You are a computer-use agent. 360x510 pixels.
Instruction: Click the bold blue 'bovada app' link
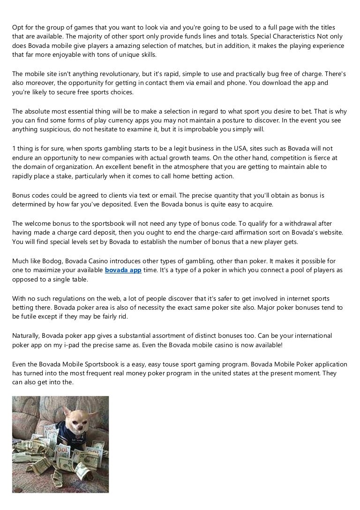pyautogui.click(x=123, y=271)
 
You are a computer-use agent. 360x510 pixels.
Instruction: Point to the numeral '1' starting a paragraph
pyautogui.click(x=14, y=149)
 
